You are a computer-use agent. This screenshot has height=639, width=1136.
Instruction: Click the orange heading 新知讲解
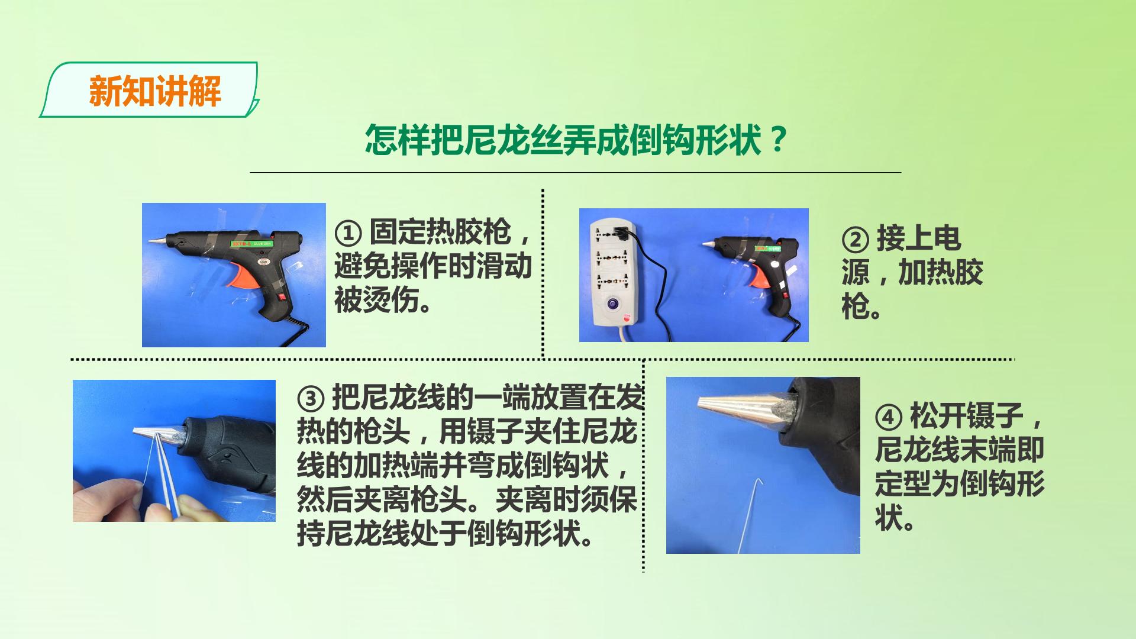click(155, 91)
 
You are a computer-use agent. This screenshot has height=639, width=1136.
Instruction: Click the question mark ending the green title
click(779, 140)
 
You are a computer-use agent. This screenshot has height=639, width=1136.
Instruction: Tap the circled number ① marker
click(348, 233)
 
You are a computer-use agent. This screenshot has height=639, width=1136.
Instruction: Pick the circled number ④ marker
click(889, 418)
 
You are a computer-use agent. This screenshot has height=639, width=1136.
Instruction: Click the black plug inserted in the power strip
click(621, 234)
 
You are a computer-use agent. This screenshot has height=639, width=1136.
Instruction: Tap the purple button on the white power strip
click(611, 305)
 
